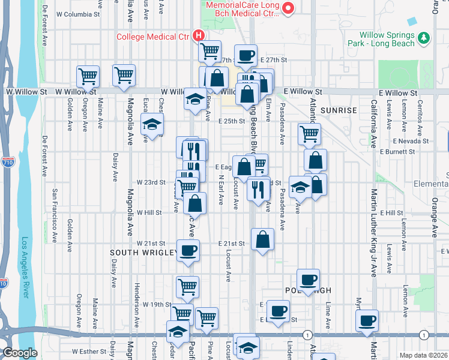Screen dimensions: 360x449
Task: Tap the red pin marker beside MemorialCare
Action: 288,8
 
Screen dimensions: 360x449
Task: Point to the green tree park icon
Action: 424,37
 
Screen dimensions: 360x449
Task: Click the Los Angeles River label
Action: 25,270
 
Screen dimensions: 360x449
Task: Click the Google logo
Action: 20,353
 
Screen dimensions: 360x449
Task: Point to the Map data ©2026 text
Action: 423,355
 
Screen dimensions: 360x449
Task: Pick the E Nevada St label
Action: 411,140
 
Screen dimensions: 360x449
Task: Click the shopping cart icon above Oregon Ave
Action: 88,77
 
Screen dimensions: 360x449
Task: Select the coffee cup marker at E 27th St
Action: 245,56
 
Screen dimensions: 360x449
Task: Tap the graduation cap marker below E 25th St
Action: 152,125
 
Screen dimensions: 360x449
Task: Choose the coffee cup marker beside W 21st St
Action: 188,251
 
